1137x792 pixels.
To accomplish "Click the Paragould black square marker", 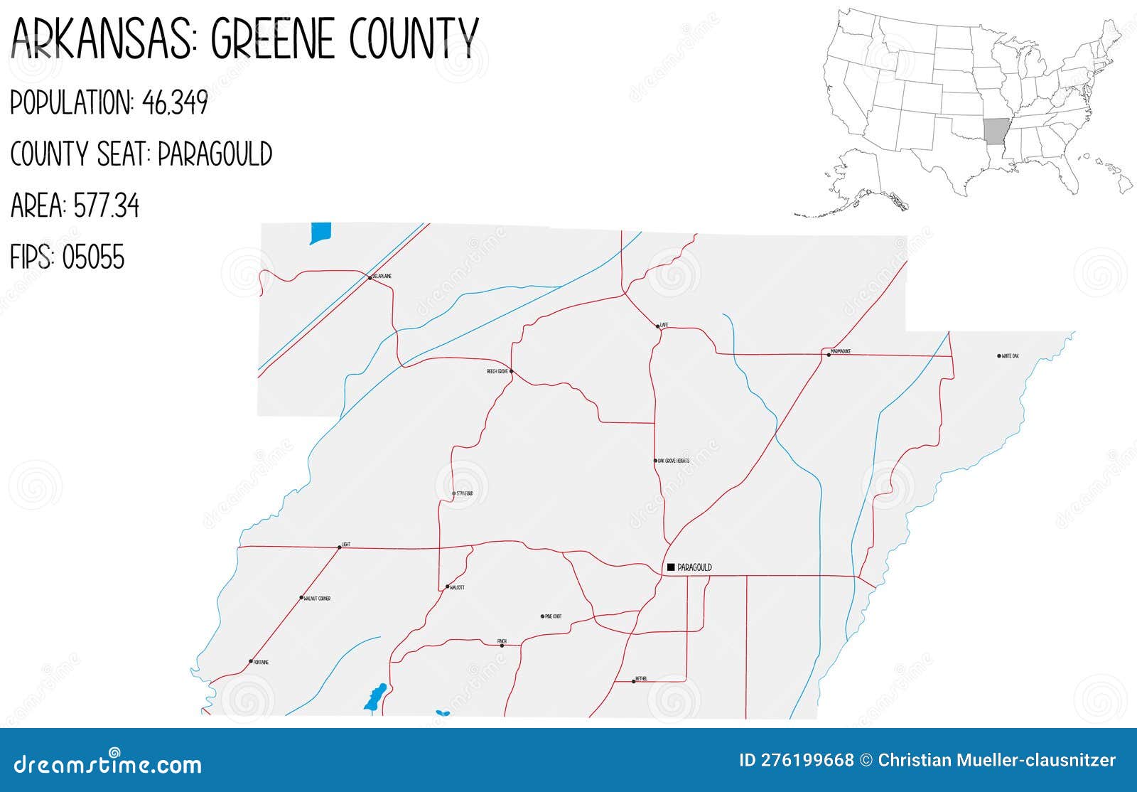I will [671, 567].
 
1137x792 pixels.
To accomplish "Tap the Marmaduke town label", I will [841, 350].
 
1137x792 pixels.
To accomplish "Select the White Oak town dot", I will [999, 355].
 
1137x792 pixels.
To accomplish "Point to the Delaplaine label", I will [382, 276].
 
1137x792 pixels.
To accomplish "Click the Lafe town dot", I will [657, 327].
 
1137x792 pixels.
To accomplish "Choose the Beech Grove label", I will [497, 371].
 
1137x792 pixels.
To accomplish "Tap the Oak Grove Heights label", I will [673, 461].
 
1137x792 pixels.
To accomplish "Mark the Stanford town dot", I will [454, 493].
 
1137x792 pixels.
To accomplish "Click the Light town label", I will [346, 545].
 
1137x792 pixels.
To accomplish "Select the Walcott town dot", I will [447, 587].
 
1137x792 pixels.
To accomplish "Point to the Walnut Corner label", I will [317, 599].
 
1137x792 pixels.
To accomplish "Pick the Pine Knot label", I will [553, 616].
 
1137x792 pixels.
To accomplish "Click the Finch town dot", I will [502, 646].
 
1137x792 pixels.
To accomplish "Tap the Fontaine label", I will [261, 662].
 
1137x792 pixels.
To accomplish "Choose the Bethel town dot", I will [634, 682].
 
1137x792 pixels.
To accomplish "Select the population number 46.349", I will [175, 103].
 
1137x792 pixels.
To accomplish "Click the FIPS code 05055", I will [93, 257].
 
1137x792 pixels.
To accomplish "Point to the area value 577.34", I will [107, 206].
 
